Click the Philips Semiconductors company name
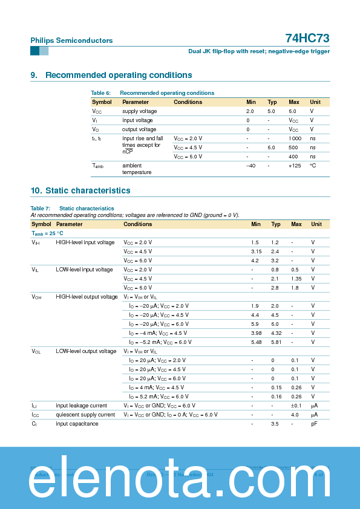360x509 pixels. [71, 41]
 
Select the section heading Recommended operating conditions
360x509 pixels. [119, 75]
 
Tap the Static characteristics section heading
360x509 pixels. [88, 190]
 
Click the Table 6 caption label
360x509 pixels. [100, 93]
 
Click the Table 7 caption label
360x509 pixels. [40, 208]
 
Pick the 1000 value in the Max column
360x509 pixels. [295, 138]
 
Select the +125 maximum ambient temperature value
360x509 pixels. [294, 166]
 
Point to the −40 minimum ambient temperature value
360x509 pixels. [250, 166]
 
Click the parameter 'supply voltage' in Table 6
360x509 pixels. [139, 111]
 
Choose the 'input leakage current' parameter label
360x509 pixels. [81, 406]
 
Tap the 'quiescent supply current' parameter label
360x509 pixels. [85, 415]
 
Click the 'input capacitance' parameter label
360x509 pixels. [77, 424]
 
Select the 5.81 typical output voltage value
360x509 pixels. [275, 342]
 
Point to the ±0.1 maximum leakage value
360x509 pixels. [296, 406]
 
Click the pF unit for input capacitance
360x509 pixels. [314, 424]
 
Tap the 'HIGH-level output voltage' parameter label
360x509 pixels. [87, 297]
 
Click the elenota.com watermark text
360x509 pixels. [180, 479]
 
